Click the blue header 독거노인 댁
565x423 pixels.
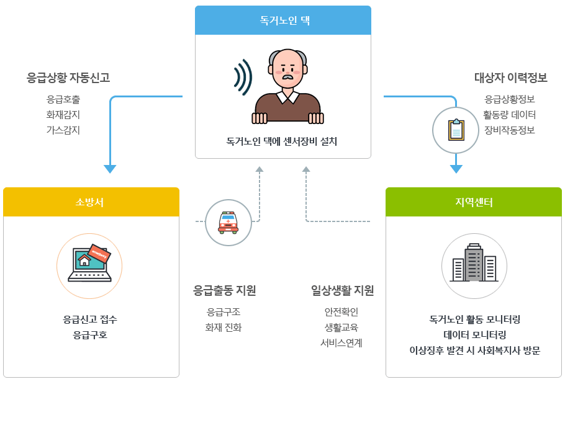coord(283,20)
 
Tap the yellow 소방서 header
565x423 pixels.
coord(91,202)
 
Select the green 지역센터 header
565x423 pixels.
coord(474,202)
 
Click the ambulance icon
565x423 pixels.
coord(228,223)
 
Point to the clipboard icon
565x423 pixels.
coord(456,130)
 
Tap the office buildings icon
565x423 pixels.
coord(474,263)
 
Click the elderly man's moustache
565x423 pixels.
coord(287,76)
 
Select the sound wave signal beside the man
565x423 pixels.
coord(243,78)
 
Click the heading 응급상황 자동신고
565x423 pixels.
coord(68,78)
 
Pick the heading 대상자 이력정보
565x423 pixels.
coord(510,78)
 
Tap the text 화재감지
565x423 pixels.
coord(63,115)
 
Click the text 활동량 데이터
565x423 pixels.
coord(509,115)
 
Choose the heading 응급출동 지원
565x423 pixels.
coord(225,290)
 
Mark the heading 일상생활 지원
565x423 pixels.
coord(342,290)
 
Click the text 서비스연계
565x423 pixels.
coord(341,343)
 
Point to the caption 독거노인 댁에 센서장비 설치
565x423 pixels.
coord(282,141)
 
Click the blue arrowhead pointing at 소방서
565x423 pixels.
coord(110,169)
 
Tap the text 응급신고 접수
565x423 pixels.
coord(90,319)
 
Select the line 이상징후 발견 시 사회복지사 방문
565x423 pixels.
coord(475,350)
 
